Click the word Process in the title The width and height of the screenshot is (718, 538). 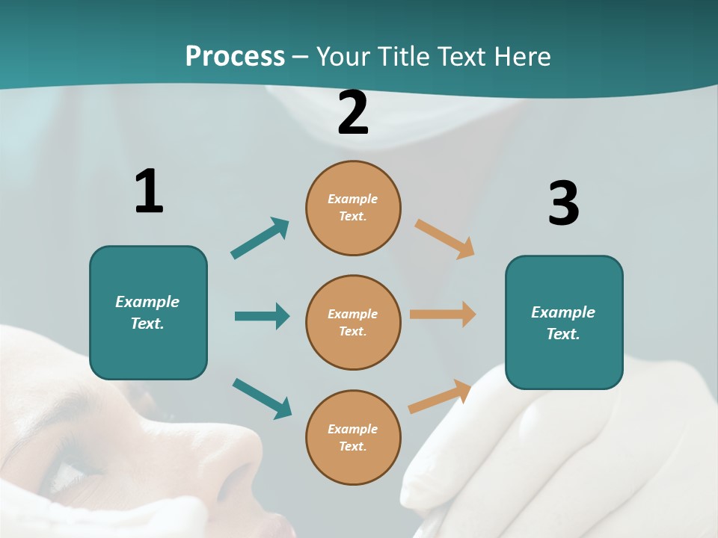pyautogui.click(x=235, y=57)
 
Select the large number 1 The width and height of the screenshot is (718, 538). pyautogui.click(x=149, y=191)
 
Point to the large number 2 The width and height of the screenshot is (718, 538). pyautogui.click(x=353, y=113)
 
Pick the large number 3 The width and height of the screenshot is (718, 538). pyautogui.click(x=563, y=203)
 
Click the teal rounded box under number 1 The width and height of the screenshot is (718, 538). pyautogui.click(x=148, y=312)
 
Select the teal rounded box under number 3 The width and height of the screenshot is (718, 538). pyautogui.click(x=564, y=322)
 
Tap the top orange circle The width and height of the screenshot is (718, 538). pyautogui.click(x=353, y=208)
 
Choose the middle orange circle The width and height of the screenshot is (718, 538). pyautogui.click(x=353, y=322)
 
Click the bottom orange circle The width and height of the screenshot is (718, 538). pyautogui.click(x=353, y=437)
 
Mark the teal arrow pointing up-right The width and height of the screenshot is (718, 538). pyautogui.click(x=260, y=238)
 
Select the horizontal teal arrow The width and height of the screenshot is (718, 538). pyautogui.click(x=262, y=316)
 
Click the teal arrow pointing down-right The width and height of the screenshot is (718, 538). pyautogui.click(x=262, y=398)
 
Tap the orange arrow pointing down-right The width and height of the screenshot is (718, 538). pyautogui.click(x=445, y=238)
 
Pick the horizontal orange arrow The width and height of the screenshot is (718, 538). pyautogui.click(x=443, y=314)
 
